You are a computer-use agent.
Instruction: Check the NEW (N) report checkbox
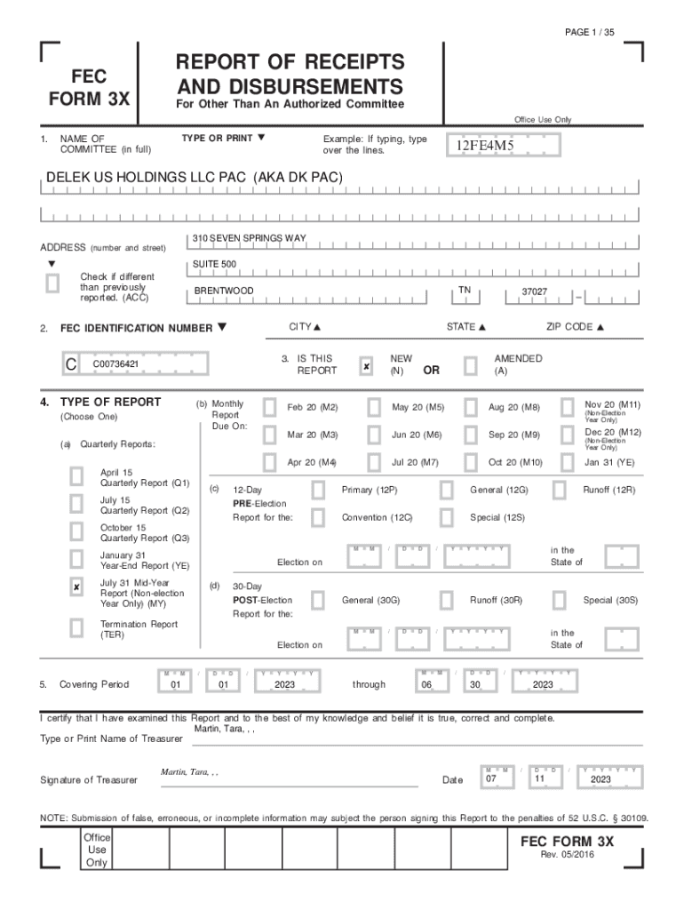pos(366,366)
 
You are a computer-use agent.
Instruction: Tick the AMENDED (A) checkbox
pos(470,366)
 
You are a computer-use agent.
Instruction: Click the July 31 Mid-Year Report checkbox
pos(77,587)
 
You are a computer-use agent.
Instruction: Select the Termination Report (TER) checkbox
pos(77,628)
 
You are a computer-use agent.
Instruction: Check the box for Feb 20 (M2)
pos(269,407)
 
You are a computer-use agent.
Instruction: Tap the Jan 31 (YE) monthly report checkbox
pos(566,462)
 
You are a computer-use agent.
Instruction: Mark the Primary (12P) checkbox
pos(318,490)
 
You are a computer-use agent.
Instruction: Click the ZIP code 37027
pos(534,291)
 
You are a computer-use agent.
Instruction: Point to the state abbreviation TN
pos(465,290)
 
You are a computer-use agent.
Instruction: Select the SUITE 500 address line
pos(215,265)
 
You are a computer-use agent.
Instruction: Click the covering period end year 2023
pos(543,685)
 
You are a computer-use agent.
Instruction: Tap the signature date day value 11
pos(538,779)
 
